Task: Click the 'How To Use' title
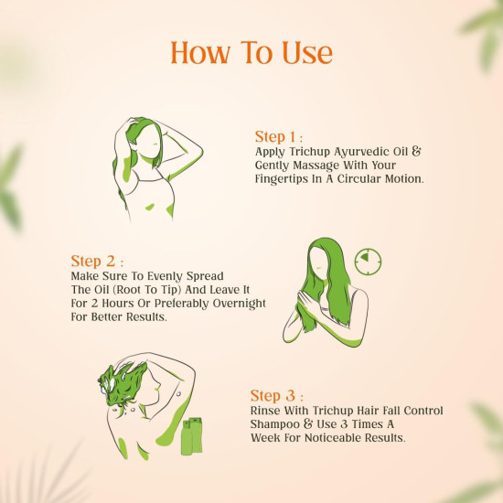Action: pos(252,53)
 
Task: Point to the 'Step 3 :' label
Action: pos(278,395)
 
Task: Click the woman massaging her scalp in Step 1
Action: pos(150,169)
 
